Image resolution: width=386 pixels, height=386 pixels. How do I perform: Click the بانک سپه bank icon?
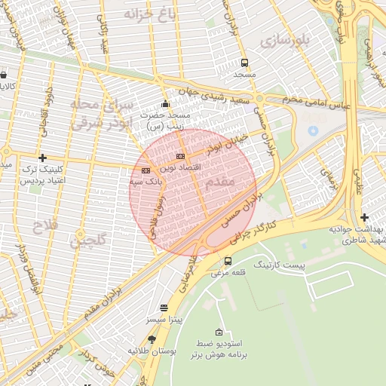point(146,170)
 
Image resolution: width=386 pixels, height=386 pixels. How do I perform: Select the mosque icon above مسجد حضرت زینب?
point(166,103)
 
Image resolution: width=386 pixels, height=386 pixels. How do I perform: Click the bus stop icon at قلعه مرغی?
point(228,261)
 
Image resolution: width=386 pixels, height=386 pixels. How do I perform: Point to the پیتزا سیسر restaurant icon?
point(164,308)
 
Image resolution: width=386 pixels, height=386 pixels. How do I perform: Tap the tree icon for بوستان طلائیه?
point(152,339)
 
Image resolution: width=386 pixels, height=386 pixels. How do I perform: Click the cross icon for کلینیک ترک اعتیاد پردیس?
point(42,158)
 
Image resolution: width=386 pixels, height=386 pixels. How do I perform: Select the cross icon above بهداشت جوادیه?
point(364,217)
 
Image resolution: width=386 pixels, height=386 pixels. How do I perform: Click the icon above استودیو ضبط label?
point(219,332)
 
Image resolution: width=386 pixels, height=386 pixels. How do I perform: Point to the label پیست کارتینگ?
point(279,265)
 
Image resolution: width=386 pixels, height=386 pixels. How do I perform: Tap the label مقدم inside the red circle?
point(220,182)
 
